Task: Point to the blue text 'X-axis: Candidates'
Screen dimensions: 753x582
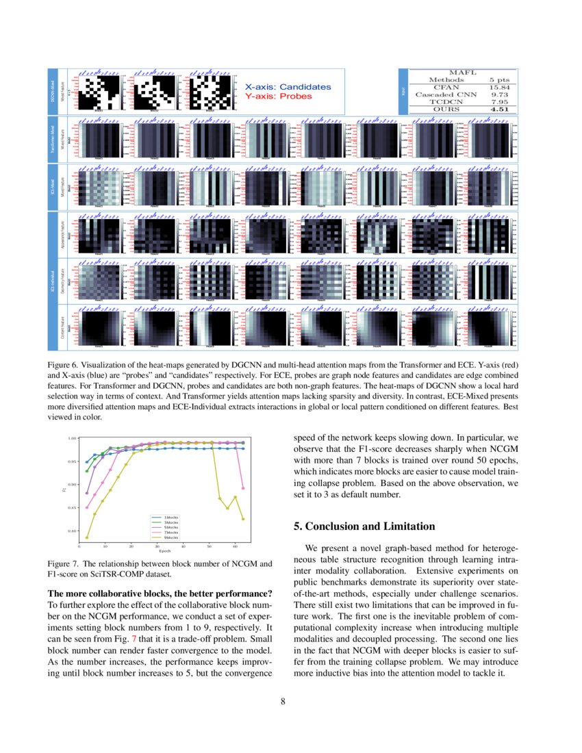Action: pyautogui.click(x=288, y=87)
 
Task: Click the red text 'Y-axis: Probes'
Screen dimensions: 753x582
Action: pyautogui.click(x=278, y=97)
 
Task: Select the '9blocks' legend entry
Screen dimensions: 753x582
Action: pyautogui.click(x=171, y=538)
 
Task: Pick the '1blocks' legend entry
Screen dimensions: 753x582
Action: pyautogui.click(x=171, y=517)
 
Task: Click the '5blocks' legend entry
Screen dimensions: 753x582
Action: pyautogui.click(x=171, y=527)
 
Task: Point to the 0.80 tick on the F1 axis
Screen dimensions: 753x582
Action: pyautogui.click(x=72, y=531)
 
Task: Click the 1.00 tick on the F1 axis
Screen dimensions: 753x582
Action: pyautogui.click(x=72, y=438)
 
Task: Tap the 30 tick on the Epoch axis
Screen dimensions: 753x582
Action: pyautogui.click(x=157, y=546)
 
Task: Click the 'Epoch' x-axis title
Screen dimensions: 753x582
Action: pyautogui.click(x=165, y=551)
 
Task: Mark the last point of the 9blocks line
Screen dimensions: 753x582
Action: pyautogui.click(x=243, y=519)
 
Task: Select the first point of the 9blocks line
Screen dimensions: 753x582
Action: pyautogui.click(x=87, y=537)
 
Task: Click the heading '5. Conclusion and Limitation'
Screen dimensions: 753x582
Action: pyautogui.click(x=364, y=526)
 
